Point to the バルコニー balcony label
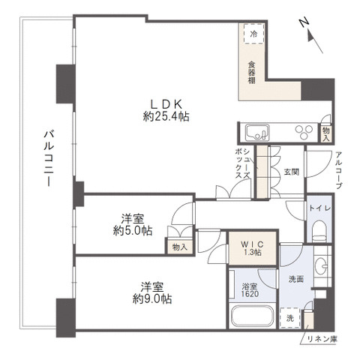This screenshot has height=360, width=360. tap(47, 161)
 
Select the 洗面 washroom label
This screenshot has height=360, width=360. tap(296, 279)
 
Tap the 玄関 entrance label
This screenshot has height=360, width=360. tap(291, 172)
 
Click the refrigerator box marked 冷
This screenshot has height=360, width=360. tap(253, 34)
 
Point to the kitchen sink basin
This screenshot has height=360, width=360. tap(258, 133)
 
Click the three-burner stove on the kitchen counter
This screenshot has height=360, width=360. tap(303, 133)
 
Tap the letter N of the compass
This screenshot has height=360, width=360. tap(304, 23)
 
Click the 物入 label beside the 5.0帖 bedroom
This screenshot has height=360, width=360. tap(179, 246)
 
